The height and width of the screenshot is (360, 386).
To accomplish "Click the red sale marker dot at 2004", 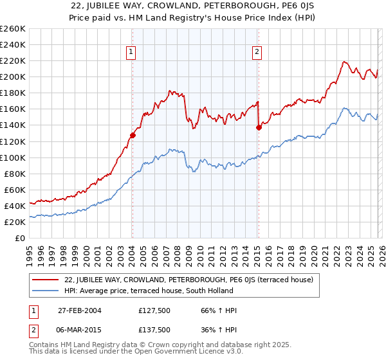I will pos(133,135).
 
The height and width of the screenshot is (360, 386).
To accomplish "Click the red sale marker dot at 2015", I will pos(258,127).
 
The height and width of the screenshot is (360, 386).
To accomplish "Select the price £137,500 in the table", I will pos(154,329).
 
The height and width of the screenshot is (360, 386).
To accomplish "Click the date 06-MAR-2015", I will pos(80,329).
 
